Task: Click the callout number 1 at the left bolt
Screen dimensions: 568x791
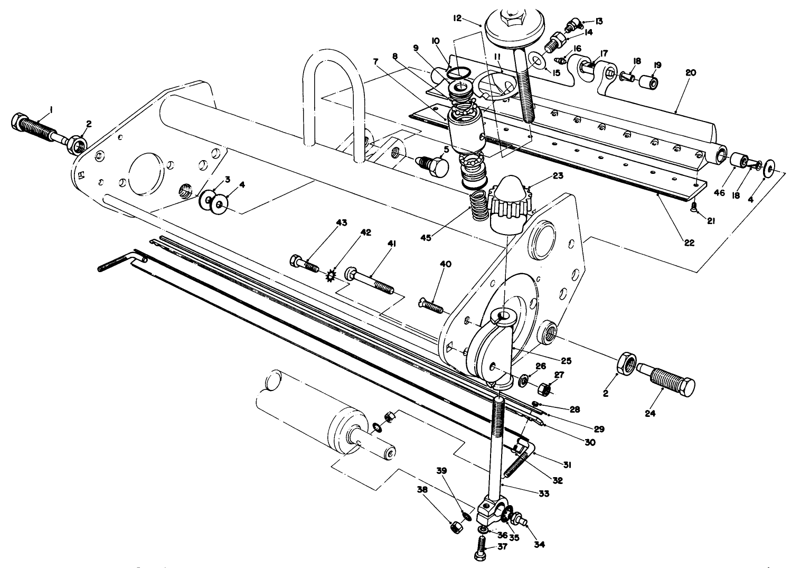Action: tap(51, 109)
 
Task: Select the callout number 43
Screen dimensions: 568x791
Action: tap(342, 222)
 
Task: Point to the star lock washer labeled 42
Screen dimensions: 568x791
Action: tap(331, 275)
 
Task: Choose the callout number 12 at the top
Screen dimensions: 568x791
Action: tap(457, 18)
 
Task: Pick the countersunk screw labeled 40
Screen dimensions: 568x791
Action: tap(431, 305)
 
